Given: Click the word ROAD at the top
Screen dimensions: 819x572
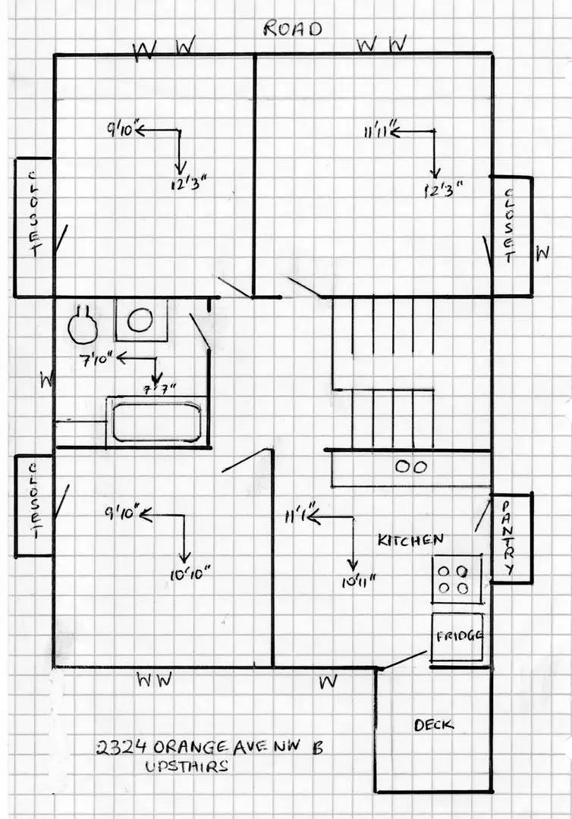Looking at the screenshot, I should [293, 29].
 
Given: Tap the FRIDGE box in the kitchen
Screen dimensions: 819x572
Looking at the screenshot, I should [458, 635].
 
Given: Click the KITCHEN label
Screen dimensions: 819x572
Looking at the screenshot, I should [410, 541].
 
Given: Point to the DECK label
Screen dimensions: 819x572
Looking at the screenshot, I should [434, 725].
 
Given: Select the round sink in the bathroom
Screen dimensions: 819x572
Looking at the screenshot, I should [140, 320].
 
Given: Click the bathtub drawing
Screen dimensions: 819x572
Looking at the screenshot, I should [157, 422].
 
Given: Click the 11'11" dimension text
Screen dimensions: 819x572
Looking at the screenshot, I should [377, 133].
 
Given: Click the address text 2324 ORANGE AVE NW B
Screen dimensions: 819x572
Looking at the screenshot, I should [209, 747].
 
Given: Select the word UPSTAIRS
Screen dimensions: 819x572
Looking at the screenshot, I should [187, 767].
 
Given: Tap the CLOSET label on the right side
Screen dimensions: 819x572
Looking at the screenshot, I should [509, 225].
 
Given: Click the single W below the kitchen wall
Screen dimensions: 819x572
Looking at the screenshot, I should [328, 681].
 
